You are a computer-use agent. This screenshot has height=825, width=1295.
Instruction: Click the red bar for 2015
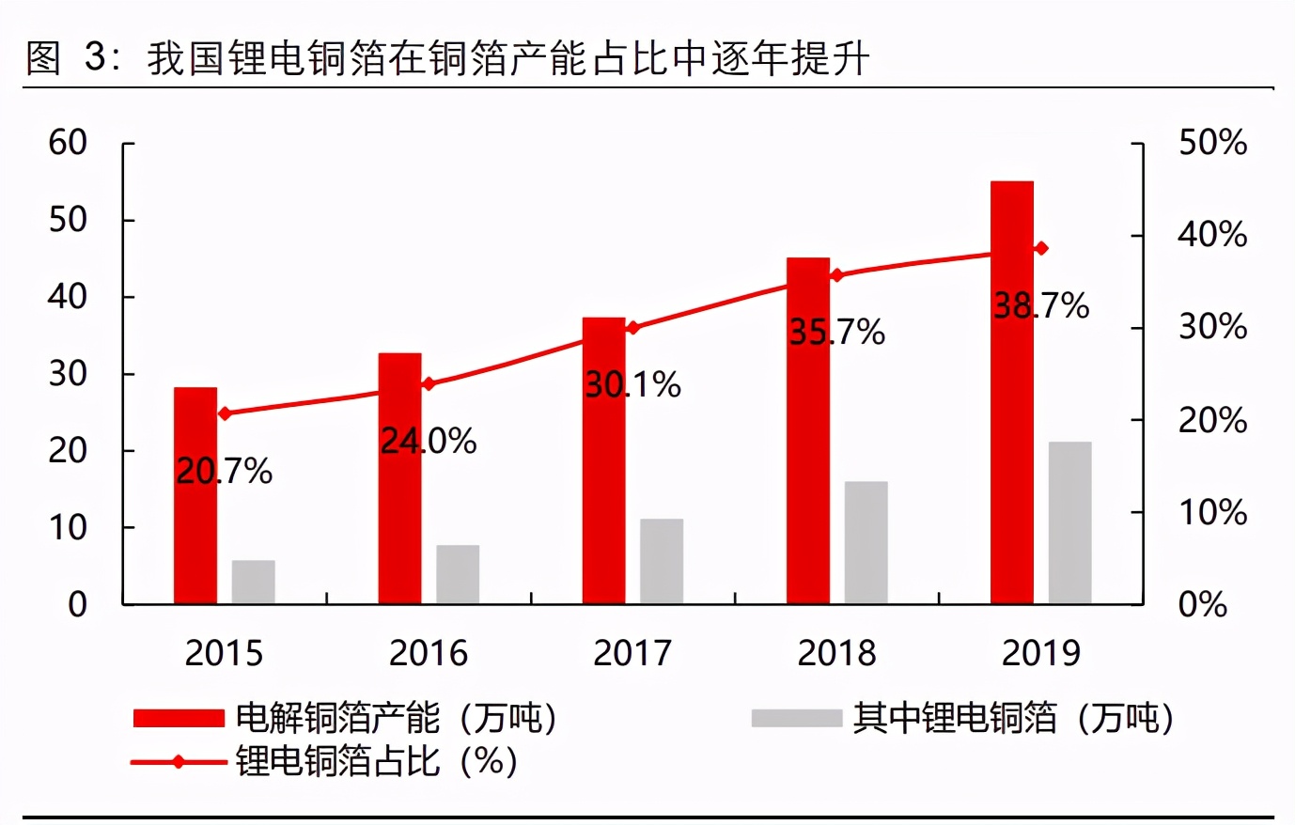[x=195, y=495]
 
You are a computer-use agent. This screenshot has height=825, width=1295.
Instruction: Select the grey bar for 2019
[x=1069, y=522]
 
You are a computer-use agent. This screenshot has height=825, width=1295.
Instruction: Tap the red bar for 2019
[x=1012, y=392]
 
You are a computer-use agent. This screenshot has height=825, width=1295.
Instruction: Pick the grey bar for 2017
[x=662, y=561]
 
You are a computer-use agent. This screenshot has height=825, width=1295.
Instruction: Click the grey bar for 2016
[x=458, y=574]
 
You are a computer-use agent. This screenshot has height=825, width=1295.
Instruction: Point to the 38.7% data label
[x=1041, y=305]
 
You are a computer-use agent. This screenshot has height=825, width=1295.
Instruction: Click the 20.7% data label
[x=224, y=471]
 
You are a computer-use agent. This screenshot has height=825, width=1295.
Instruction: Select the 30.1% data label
[x=632, y=384]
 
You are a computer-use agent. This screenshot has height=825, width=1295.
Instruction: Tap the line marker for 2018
[x=837, y=275]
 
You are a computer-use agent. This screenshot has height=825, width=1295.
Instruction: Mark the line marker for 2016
[x=429, y=383]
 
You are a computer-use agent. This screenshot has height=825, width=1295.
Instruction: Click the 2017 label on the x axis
[x=632, y=653]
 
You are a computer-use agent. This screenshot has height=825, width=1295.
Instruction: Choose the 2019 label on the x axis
[x=1041, y=653]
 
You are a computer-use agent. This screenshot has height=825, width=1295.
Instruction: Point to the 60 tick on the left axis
[x=68, y=143]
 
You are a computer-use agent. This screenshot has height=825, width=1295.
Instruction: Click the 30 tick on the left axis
[x=68, y=374]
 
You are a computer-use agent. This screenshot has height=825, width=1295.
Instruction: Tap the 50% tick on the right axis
[x=1212, y=143]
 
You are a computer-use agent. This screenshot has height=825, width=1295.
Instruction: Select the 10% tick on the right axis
[x=1212, y=513]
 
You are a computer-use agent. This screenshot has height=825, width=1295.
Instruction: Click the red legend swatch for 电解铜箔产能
[x=179, y=719]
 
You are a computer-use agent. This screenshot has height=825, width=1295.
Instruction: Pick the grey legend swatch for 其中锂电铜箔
[x=796, y=719]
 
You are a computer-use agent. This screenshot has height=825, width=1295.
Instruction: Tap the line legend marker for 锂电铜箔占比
[x=179, y=762]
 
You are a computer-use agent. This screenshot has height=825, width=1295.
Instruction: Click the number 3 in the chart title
[x=95, y=58]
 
